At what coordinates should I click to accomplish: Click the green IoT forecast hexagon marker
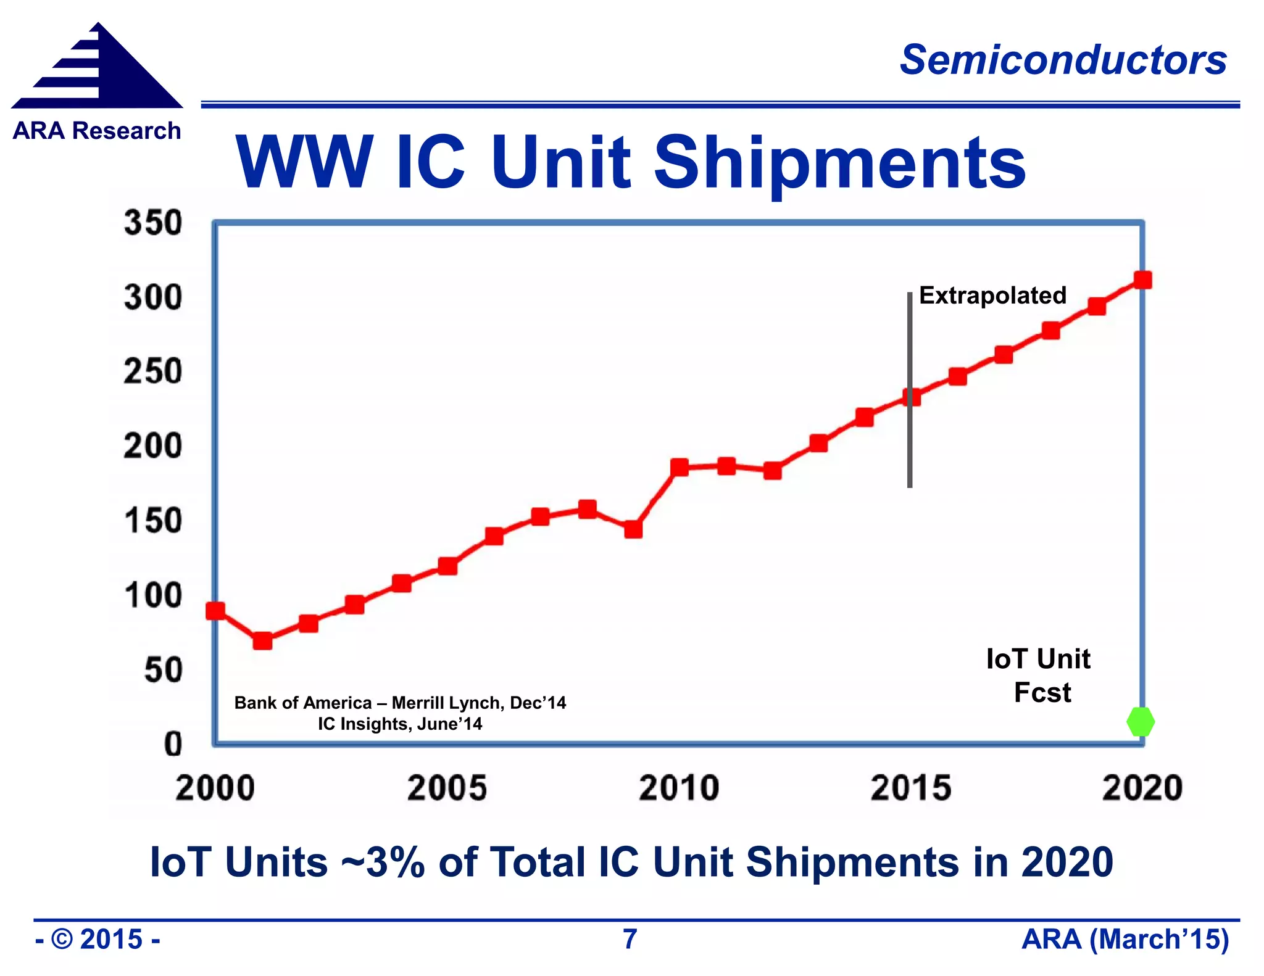point(1140,721)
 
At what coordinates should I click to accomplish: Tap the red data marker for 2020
point(1142,280)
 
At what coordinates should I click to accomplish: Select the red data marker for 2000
point(215,611)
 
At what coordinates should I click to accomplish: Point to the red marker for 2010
point(680,467)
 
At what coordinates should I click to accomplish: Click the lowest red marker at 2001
point(262,641)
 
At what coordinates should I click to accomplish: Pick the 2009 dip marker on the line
point(633,529)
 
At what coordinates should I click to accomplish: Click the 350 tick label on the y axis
point(153,223)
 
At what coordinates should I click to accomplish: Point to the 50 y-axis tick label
point(164,670)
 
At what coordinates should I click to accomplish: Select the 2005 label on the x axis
point(447,788)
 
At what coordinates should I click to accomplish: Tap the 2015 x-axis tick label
point(911,788)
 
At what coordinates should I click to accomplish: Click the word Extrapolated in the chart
point(992,296)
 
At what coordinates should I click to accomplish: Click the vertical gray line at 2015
point(910,444)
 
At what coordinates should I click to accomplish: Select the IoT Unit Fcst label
point(1039,676)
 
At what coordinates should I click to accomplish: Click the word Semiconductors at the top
point(1063,60)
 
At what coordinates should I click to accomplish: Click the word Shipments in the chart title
point(839,163)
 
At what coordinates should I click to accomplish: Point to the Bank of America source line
point(400,703)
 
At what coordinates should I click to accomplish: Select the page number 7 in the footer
point(630,939)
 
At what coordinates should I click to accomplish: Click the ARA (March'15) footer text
point(1125,939)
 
